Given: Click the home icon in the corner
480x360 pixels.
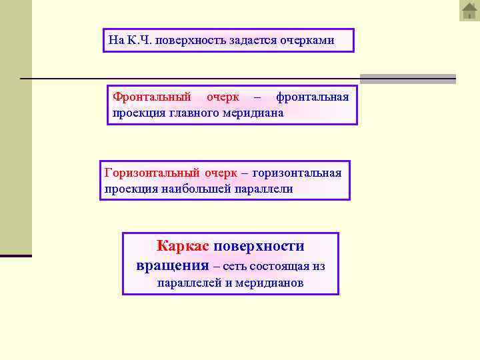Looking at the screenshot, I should point(469,11).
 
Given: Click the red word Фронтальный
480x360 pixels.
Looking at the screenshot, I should point(152,97).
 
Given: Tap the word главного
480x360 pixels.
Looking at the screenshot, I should point(198,113).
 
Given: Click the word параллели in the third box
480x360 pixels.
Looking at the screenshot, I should point(264,189).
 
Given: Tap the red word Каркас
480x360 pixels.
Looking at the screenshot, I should point(183,246).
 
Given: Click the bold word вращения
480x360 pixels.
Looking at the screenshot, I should point(172,265).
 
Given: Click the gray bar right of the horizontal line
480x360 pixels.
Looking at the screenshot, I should point(407,79).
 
